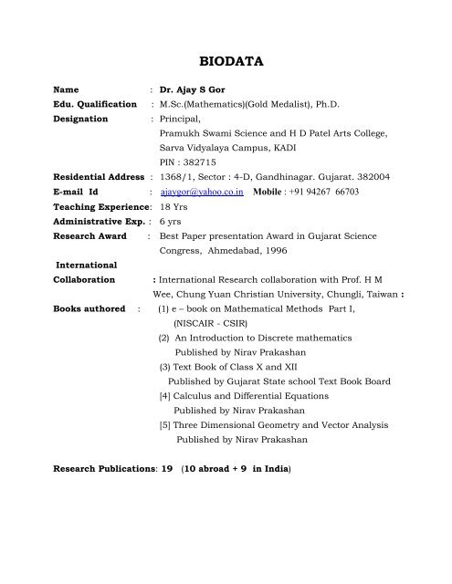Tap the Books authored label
pos(89,308)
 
